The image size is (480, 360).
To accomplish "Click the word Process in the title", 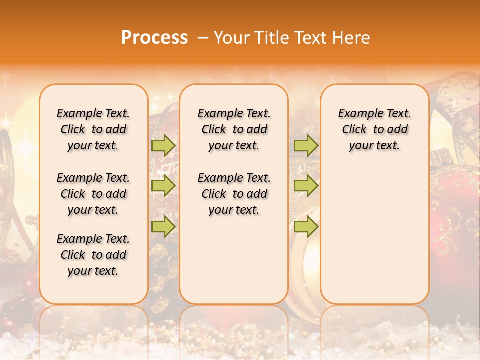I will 154,38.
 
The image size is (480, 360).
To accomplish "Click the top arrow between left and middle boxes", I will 163,145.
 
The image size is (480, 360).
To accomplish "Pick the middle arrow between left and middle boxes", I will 163,186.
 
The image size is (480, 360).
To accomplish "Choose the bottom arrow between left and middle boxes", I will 163,226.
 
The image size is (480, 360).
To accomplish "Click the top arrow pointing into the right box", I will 306,145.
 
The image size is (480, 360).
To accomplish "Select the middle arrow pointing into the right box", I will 306,186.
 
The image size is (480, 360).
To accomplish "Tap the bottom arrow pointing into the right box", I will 306,226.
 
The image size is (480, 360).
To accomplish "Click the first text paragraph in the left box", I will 93,129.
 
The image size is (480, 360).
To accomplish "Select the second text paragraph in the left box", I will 93,194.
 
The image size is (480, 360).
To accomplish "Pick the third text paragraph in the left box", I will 93,255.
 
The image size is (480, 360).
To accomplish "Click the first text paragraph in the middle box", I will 234,129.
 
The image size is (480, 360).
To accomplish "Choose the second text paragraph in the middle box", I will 234,194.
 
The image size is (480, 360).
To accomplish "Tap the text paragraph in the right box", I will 374,129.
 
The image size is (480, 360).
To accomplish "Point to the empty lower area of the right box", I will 374,235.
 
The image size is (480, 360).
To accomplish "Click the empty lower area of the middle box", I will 234,260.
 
